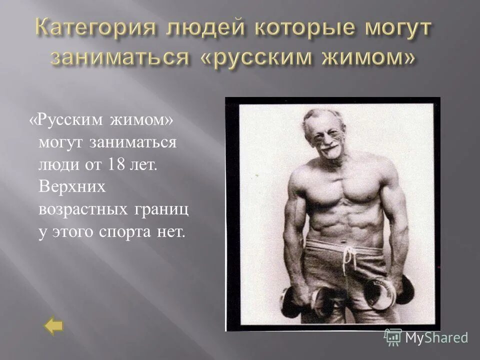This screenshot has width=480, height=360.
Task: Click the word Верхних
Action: coord(72,187)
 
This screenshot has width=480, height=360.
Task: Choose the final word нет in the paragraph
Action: coord(170,231)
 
